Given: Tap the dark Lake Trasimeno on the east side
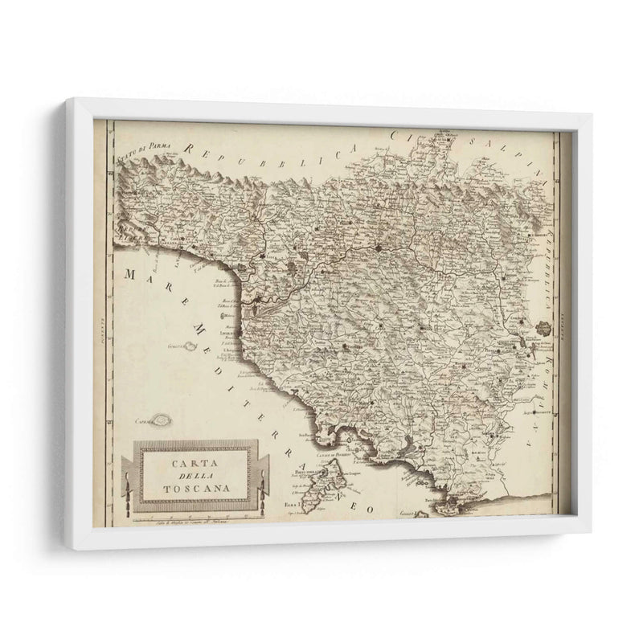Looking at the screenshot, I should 544,329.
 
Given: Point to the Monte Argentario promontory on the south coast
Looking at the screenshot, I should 453,502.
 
